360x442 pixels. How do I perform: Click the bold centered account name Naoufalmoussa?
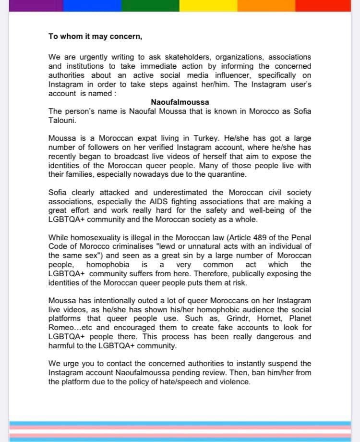pyautogui.click(x=180, y=102)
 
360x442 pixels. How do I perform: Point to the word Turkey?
pyautogui.click(x=198, y=138)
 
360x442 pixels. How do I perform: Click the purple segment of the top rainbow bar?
pyautogui.click(x=31, y=5)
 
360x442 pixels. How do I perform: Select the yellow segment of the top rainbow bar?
pyautogui.click(x=208, y=5)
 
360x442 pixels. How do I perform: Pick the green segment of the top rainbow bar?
pyautogui.click(x=150, y=5)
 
